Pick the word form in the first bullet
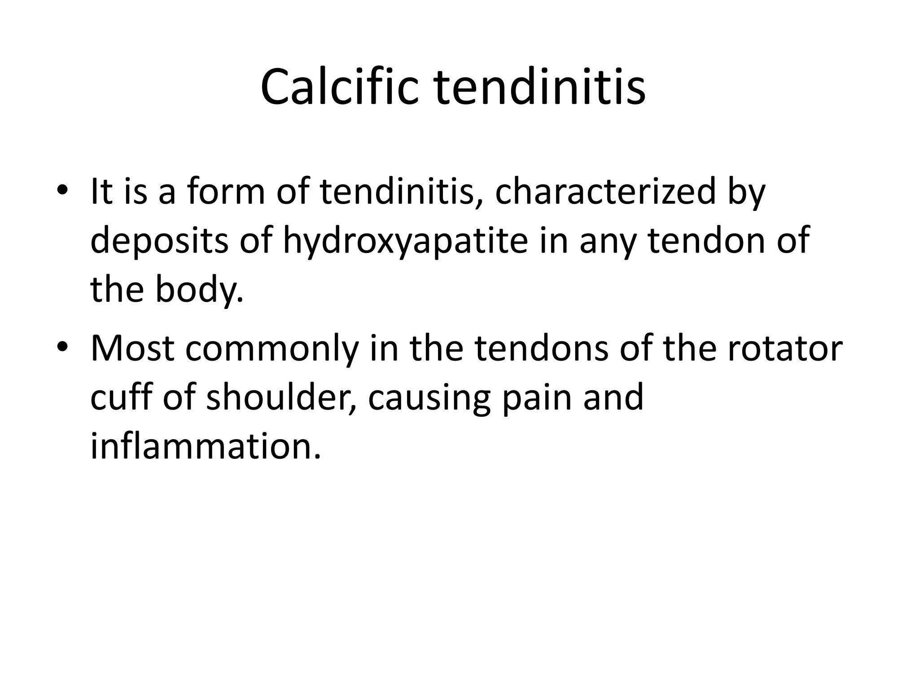click(226, 192)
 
